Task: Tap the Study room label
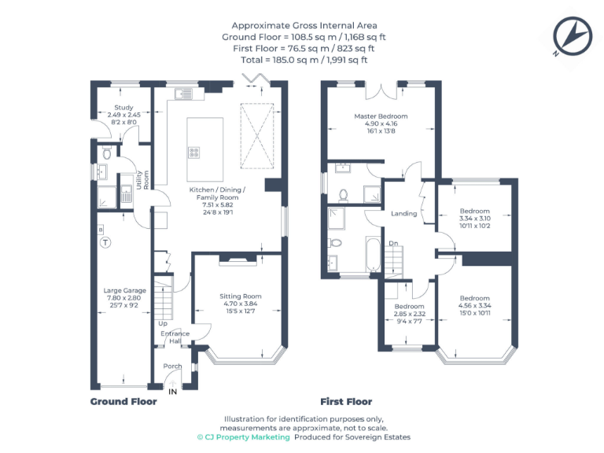pos(123,108)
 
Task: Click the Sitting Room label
pos(239,296)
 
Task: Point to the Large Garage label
pos(124,291)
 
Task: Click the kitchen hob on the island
pos(193,152)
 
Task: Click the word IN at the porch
pos(173,389)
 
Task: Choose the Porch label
pos(172,366)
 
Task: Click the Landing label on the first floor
pos(403,213)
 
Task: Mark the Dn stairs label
pos(392,243)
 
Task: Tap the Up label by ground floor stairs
pos(163,323)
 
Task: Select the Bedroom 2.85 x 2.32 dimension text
pos(409,314)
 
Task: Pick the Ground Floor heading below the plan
pos(123,401)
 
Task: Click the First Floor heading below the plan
pos(346,401)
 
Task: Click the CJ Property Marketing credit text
pos(243,437)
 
